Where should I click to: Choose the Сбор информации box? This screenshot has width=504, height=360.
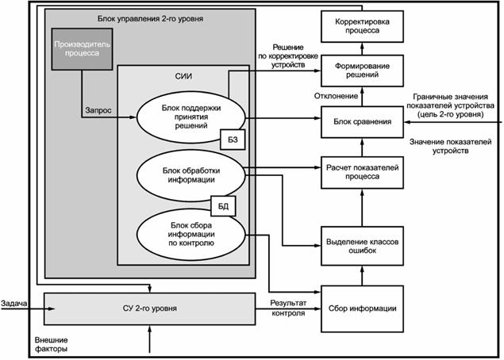[x=362, y=307]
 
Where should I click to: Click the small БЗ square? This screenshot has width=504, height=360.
[x=233, y=140]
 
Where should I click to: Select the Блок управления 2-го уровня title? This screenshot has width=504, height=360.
[x=149, y=17]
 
